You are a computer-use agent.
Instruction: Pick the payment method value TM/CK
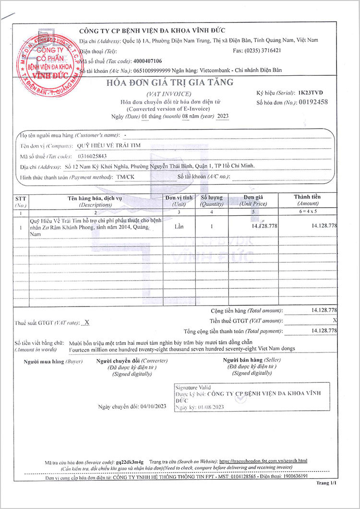(125, 177)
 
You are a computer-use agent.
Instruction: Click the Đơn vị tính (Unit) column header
(179, 201)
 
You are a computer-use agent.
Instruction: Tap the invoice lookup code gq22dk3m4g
(130, 461)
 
